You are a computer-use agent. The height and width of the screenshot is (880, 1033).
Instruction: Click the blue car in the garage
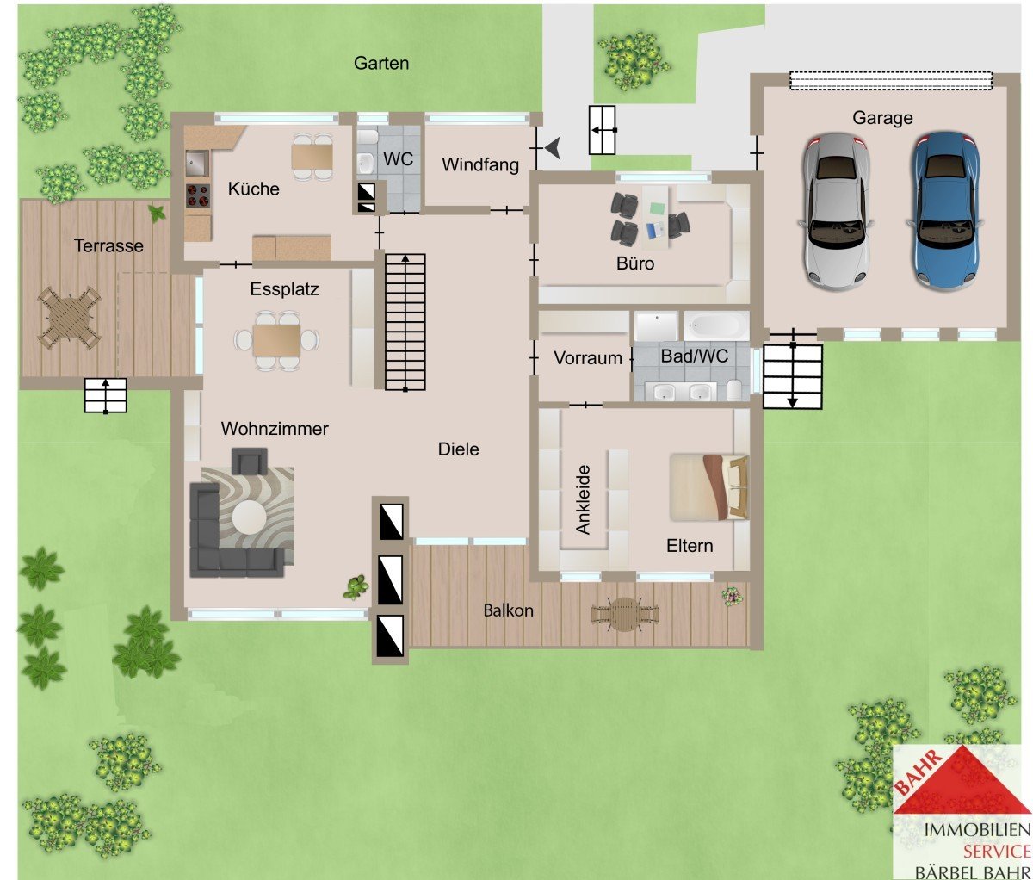943,211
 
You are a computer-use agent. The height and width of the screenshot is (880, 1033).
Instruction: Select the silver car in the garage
836,212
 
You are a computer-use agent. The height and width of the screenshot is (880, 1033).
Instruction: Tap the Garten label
381,64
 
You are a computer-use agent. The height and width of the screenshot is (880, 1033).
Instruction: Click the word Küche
253,189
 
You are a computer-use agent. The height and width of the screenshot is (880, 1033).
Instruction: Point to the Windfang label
480,165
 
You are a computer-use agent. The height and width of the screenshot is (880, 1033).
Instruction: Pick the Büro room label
635,263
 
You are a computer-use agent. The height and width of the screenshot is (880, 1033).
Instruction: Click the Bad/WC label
694,356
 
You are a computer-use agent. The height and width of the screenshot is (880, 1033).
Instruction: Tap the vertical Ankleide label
583,499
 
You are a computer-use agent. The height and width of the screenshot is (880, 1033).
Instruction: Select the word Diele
458,449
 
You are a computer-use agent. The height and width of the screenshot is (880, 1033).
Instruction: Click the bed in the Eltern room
708,486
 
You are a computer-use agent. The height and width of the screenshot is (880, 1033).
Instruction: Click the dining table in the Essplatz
276,340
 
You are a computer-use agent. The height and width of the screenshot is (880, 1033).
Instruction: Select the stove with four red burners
198,195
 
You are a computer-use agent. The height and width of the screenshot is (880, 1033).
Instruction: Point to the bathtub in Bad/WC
716,325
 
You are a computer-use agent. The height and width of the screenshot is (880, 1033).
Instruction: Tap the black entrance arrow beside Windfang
553,148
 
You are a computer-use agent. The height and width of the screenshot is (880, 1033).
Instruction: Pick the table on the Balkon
625,614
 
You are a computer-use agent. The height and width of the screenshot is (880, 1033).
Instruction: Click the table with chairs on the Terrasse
70,318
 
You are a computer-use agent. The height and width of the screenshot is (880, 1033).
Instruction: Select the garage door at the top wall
891,81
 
